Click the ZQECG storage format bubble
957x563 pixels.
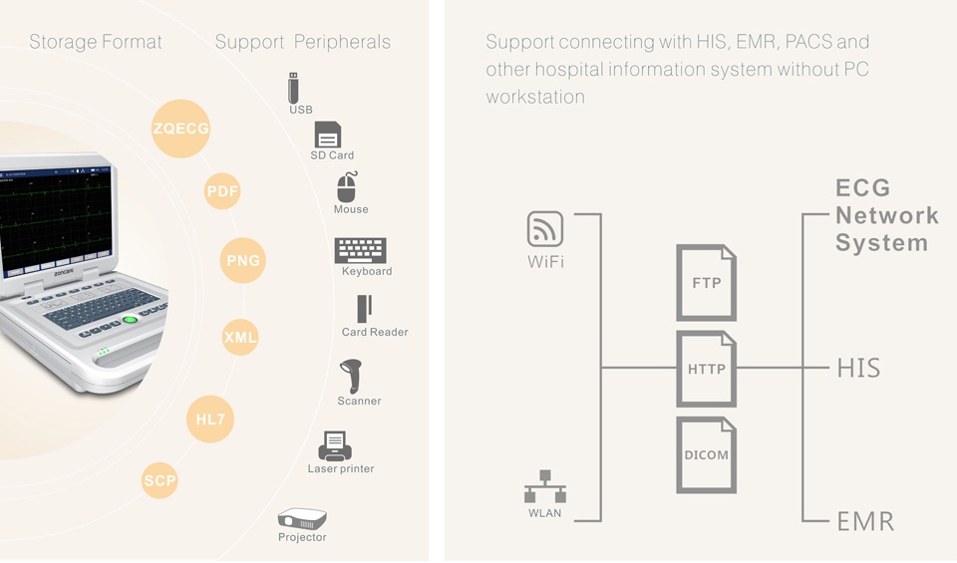coord(181,129)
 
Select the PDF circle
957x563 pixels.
coord(222,191)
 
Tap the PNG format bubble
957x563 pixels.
coord(243,261)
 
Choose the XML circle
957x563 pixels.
coord(240,337)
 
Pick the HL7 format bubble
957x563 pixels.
coord(210,420)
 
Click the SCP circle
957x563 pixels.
coord(159,481)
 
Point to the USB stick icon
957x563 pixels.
coord(294,88)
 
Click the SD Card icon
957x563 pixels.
coord(328,135)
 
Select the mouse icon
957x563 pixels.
coord(348,187)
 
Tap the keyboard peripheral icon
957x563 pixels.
coord(360,250)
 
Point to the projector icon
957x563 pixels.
coord(301,519)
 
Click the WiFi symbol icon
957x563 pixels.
coord(545,230)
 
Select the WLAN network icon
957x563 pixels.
coord(545,487)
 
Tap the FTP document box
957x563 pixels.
coord(707,283)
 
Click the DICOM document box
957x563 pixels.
coord(707,455)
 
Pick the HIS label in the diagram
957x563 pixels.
coord(858,369)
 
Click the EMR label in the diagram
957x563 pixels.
coord(864,520)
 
